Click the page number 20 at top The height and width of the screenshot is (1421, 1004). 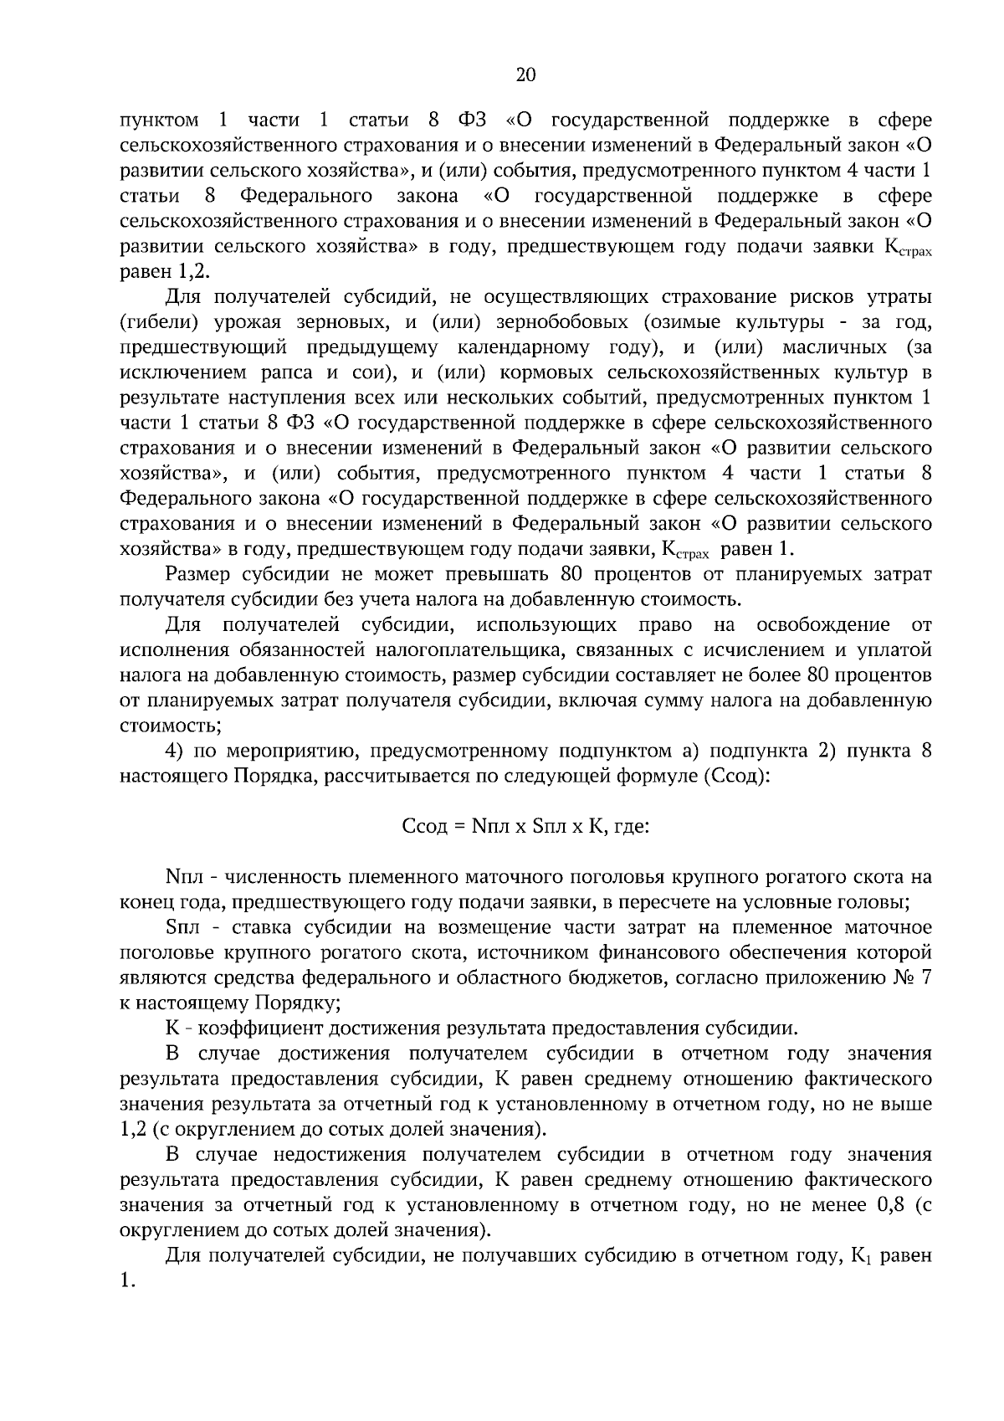pyautogui.click(x=525, y=75)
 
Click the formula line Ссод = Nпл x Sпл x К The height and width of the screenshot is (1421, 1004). pyautogui.click(x=526, y=827)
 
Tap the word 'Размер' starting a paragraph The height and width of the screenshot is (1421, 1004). pyautogui.click(x=198, y=574)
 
